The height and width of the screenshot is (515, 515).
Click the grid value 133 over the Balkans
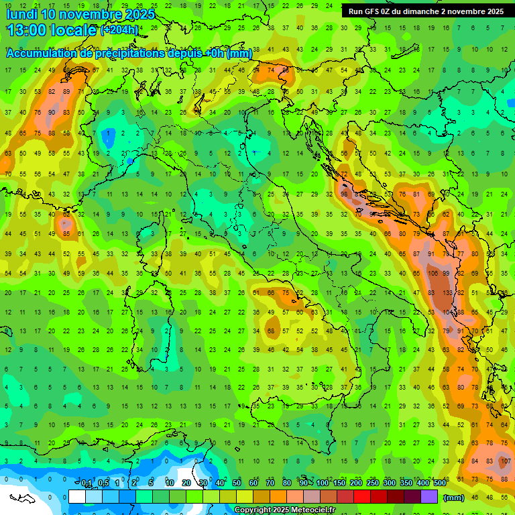point(446,293)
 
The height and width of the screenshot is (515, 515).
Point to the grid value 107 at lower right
point(505,462)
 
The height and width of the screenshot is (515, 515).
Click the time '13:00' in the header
point(27,30)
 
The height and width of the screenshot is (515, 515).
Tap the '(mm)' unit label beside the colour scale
point(454,498)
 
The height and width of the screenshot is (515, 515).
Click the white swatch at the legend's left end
point(77,497)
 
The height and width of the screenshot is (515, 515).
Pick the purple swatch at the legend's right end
point(429,497)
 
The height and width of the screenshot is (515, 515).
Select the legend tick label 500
point(439,483)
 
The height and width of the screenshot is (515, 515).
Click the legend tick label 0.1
point(87,483)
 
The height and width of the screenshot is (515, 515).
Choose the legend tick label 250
point(372,483)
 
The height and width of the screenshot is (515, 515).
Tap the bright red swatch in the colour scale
point(362,497)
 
